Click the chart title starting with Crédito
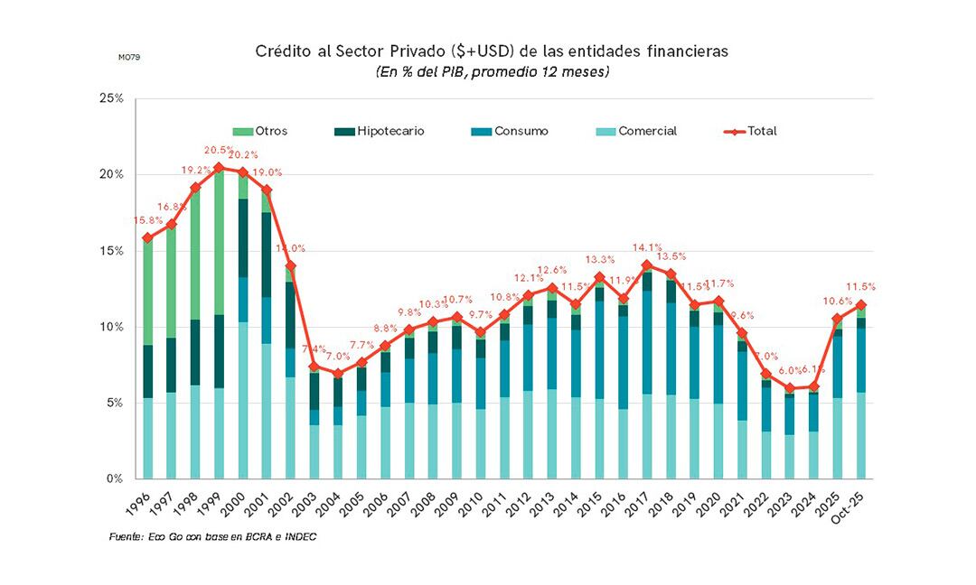tap(493, 51)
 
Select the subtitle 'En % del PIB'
tap(493, 71)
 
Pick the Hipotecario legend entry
tap(380, 131)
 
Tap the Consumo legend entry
tap(510, 131)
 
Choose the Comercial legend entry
tap(637, 131)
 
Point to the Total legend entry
tap(751, 131)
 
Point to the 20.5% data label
tap(219, 151)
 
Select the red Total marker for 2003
tap(314, 367)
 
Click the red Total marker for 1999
tap(219, 167)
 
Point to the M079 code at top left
tap(129, 57)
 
